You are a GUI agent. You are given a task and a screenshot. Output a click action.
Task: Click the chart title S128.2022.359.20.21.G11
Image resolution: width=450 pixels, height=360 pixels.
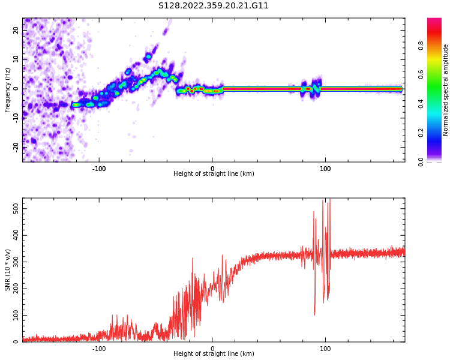click(214, 6)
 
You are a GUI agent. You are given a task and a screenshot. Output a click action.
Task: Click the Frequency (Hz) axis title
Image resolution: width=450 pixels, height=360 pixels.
click(8, 90)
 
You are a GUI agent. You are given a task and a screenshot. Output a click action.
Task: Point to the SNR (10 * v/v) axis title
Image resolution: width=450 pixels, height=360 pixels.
click(8, 270)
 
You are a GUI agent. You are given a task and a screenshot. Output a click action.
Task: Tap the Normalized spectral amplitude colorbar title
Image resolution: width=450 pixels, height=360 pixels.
click(446, 90)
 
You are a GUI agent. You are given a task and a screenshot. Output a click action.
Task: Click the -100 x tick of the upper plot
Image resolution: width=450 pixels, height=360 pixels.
click(99, 169)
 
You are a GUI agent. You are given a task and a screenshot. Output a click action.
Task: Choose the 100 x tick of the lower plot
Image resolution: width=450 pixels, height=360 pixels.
click(325, 349)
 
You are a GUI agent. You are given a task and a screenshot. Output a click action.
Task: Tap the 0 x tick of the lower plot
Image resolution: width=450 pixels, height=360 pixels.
click(212, 349)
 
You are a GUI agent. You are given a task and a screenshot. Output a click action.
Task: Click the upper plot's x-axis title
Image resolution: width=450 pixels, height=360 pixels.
click(214, 174)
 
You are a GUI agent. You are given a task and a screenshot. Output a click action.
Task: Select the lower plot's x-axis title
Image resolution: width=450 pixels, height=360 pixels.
click(214, 354)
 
